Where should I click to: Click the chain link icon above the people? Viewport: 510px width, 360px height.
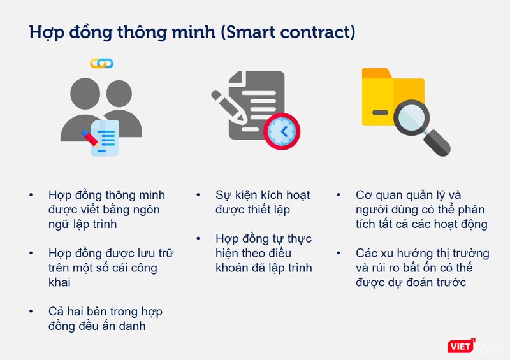coord(101,63)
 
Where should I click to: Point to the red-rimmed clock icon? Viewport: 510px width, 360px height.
coord(281,131)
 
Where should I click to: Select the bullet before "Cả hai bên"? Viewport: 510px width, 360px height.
coord(31,312)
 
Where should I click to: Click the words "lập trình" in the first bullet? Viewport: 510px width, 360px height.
coord(94,224)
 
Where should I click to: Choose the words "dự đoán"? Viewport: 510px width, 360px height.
coord(403,282)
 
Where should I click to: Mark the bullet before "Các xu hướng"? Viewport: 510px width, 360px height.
coord(341,253)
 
